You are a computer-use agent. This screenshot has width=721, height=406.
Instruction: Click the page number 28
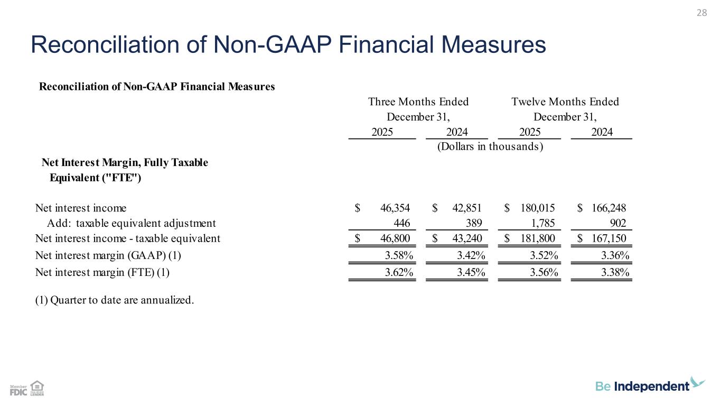pos(701,13)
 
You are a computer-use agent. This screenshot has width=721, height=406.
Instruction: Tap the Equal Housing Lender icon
pos(37,388)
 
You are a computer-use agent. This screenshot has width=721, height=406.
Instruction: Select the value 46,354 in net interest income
pos(396,208)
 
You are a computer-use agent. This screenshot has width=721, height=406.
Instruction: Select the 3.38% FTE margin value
pos(615,273)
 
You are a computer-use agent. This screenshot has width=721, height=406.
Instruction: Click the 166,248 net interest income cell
pos(608,208)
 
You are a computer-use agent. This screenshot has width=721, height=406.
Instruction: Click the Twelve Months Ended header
pos(565,101)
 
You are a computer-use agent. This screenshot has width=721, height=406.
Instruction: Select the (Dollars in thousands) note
pos(491,146)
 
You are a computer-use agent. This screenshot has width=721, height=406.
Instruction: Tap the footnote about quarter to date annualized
pos(115,300)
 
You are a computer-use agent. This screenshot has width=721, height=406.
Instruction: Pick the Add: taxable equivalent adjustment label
pos(132,223)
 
